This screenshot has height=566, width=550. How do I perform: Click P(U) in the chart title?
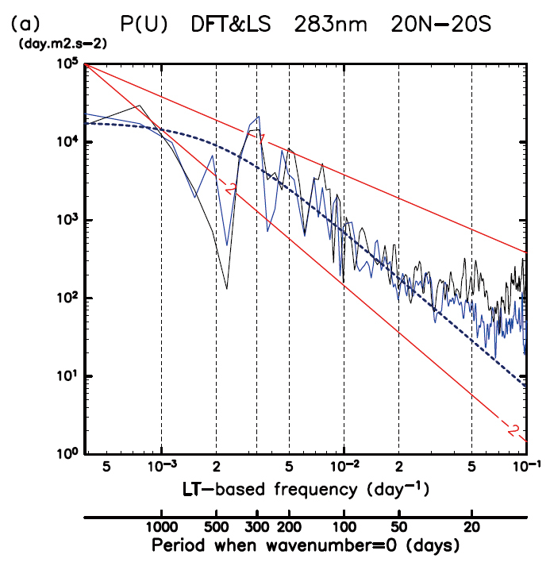144,25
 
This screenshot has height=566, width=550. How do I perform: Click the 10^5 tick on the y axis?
67,64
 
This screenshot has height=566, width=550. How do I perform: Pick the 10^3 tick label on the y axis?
67,220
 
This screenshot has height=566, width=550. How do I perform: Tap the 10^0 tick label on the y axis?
67,454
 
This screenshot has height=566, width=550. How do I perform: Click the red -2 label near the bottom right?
512,430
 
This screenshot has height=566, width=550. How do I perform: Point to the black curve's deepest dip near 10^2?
227,288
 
